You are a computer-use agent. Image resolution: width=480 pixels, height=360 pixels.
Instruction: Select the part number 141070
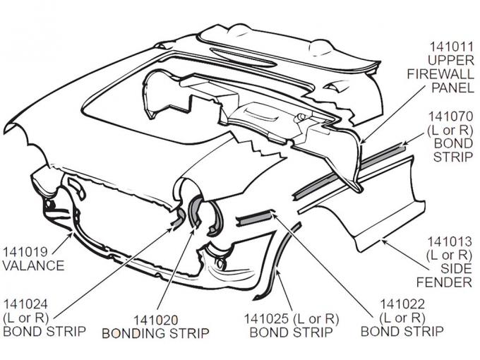(449, 116)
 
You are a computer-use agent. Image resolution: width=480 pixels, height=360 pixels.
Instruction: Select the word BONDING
(132, 332)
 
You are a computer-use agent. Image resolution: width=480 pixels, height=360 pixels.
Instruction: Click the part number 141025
(265, 319)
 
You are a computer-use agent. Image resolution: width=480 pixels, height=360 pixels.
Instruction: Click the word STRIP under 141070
(452, 157)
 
